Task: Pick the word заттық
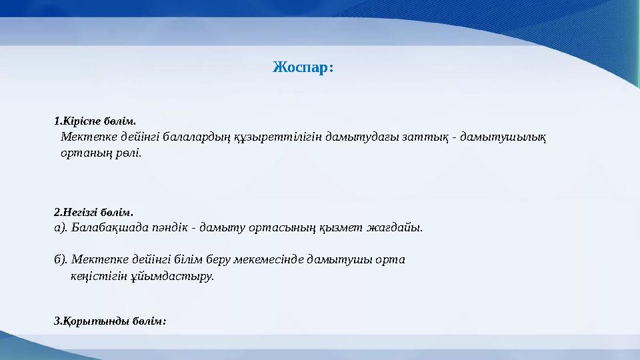426,137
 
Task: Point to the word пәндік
169,227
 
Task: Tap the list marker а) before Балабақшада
60,227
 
